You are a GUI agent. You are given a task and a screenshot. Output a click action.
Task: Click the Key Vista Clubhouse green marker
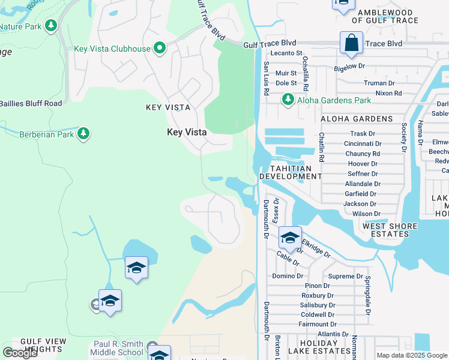(159, 49)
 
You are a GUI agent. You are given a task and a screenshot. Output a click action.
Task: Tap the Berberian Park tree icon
(83, 134)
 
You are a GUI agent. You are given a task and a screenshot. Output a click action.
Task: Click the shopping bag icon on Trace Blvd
(351, 44)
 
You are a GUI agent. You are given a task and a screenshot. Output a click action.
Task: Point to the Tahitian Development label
(291, 173)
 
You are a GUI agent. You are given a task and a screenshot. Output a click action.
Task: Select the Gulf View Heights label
(43, 345)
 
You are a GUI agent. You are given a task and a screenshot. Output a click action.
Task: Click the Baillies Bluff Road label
(31, 103)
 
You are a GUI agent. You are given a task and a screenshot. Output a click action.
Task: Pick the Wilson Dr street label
(366, 214)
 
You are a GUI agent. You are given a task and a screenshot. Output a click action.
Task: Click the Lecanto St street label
(286, 53)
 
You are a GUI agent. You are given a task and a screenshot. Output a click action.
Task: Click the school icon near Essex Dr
(290, 238)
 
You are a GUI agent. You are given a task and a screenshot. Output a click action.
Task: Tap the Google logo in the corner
(20, 353)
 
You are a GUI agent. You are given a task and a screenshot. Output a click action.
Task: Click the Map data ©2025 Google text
(412, 355)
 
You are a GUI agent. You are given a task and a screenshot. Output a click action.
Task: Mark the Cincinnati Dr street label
(363, 144)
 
